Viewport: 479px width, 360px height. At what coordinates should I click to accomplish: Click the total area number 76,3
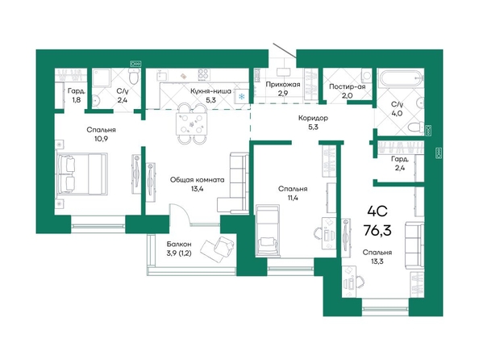[377, 230]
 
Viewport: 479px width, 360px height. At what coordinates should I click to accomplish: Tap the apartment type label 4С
[377, 211]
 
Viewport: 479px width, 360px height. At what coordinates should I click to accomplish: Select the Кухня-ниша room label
[211, 91]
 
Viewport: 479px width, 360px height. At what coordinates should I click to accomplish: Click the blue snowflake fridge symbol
[241, 97]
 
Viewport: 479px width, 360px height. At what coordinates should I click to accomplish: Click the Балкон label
[179, 244]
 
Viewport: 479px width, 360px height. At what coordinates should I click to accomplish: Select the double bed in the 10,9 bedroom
[82, 174]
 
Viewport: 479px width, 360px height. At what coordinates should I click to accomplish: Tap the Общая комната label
[198, 180]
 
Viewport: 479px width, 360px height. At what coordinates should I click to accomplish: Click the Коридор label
[313, 118]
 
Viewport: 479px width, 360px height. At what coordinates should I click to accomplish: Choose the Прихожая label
[283, 84]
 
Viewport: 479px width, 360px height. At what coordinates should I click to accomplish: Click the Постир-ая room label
[348, 86]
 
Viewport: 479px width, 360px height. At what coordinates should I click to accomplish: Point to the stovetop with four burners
[204, 74]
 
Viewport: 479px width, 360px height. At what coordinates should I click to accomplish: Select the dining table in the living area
[192, 123]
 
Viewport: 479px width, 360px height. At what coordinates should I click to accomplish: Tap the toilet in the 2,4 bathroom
[134, 76]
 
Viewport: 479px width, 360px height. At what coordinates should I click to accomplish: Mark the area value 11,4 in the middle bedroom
[293, 198]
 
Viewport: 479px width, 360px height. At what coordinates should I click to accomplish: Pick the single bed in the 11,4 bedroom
[268, 230]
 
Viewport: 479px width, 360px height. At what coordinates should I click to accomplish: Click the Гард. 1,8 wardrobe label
[77, 95]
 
